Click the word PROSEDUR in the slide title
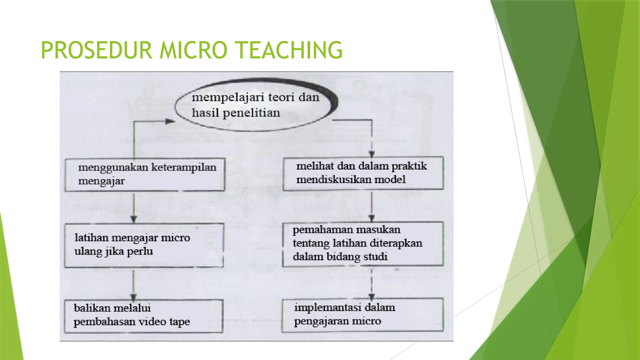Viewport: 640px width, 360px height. [96, 50]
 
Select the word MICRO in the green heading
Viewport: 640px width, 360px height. [193, 50]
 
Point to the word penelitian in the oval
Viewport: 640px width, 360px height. [251, 113]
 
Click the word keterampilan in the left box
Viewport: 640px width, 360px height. [184, 167]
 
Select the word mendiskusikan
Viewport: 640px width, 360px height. [333, 179]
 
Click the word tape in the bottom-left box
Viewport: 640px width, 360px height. [180, 322]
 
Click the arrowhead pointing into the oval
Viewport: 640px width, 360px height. [170, 122]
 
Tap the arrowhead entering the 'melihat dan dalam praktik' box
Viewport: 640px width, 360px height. [372, 154]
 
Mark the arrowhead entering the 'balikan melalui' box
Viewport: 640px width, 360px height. [134, 297]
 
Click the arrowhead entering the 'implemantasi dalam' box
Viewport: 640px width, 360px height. [372, 296]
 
